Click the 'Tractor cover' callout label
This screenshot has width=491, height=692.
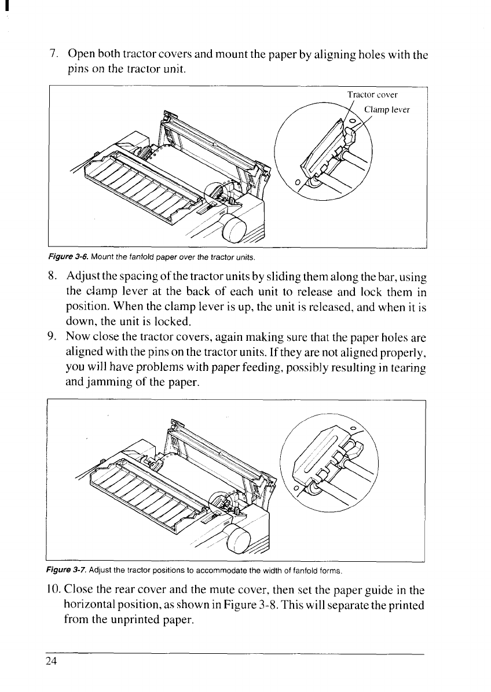coord(372,95)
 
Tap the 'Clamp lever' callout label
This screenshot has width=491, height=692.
coord(387,109)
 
